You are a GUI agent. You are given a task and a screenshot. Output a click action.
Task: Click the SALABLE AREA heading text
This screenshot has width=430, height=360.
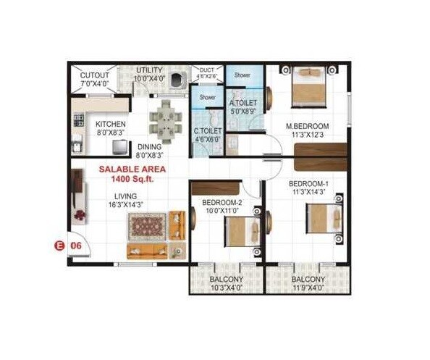coord(132,169)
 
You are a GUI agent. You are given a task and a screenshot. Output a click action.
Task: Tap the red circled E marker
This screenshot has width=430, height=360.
coord(60,246)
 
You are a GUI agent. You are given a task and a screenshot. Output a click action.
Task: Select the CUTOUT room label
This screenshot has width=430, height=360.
coord(94,75)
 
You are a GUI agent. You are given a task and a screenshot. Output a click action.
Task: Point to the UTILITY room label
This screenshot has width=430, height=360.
coord(148,70)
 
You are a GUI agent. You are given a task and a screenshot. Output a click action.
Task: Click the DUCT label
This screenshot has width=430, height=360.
coord(206,70)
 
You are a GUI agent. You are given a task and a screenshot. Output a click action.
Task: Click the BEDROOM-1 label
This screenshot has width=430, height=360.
coord(309,184)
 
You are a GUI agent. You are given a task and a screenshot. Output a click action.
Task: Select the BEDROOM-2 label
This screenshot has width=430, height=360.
coord(222,202)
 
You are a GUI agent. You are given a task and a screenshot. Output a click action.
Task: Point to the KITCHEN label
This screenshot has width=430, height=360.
coord(111,125)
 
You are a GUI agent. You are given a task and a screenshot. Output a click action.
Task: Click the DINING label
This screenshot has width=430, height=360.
coord(151,146)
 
